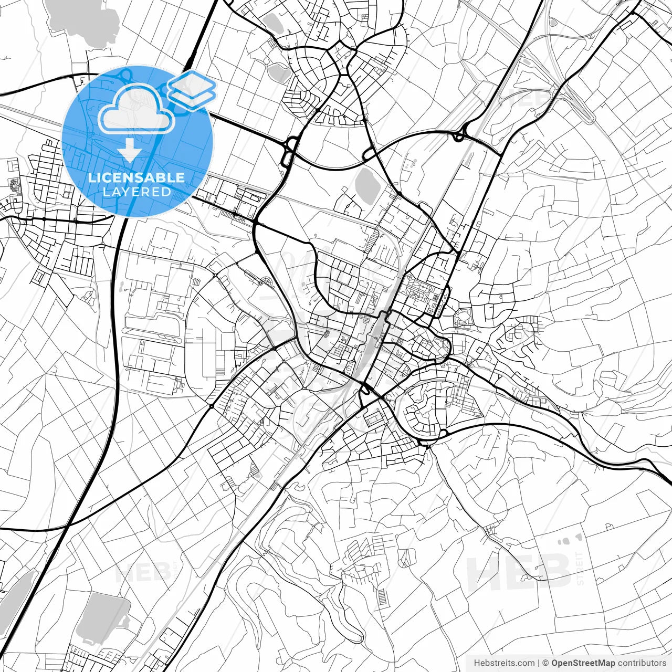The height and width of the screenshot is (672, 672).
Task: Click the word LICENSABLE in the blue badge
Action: coord(136,177)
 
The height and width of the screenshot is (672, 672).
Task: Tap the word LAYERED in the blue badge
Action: coord(136,192)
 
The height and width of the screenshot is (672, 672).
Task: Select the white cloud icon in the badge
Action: coord(136,109)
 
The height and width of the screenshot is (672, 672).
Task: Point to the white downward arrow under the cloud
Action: coord(130,150)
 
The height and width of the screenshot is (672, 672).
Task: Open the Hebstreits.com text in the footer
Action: coord(504,663)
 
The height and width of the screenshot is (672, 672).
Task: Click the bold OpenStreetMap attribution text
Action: coord(583,663)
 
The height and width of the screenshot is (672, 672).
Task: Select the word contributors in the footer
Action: coord(642,663)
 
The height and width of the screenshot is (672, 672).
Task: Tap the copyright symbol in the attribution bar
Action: coord(545,663)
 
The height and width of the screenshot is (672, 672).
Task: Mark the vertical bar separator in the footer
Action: coord(539,663)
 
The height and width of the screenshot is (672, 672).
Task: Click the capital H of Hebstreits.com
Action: coord(477,663)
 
